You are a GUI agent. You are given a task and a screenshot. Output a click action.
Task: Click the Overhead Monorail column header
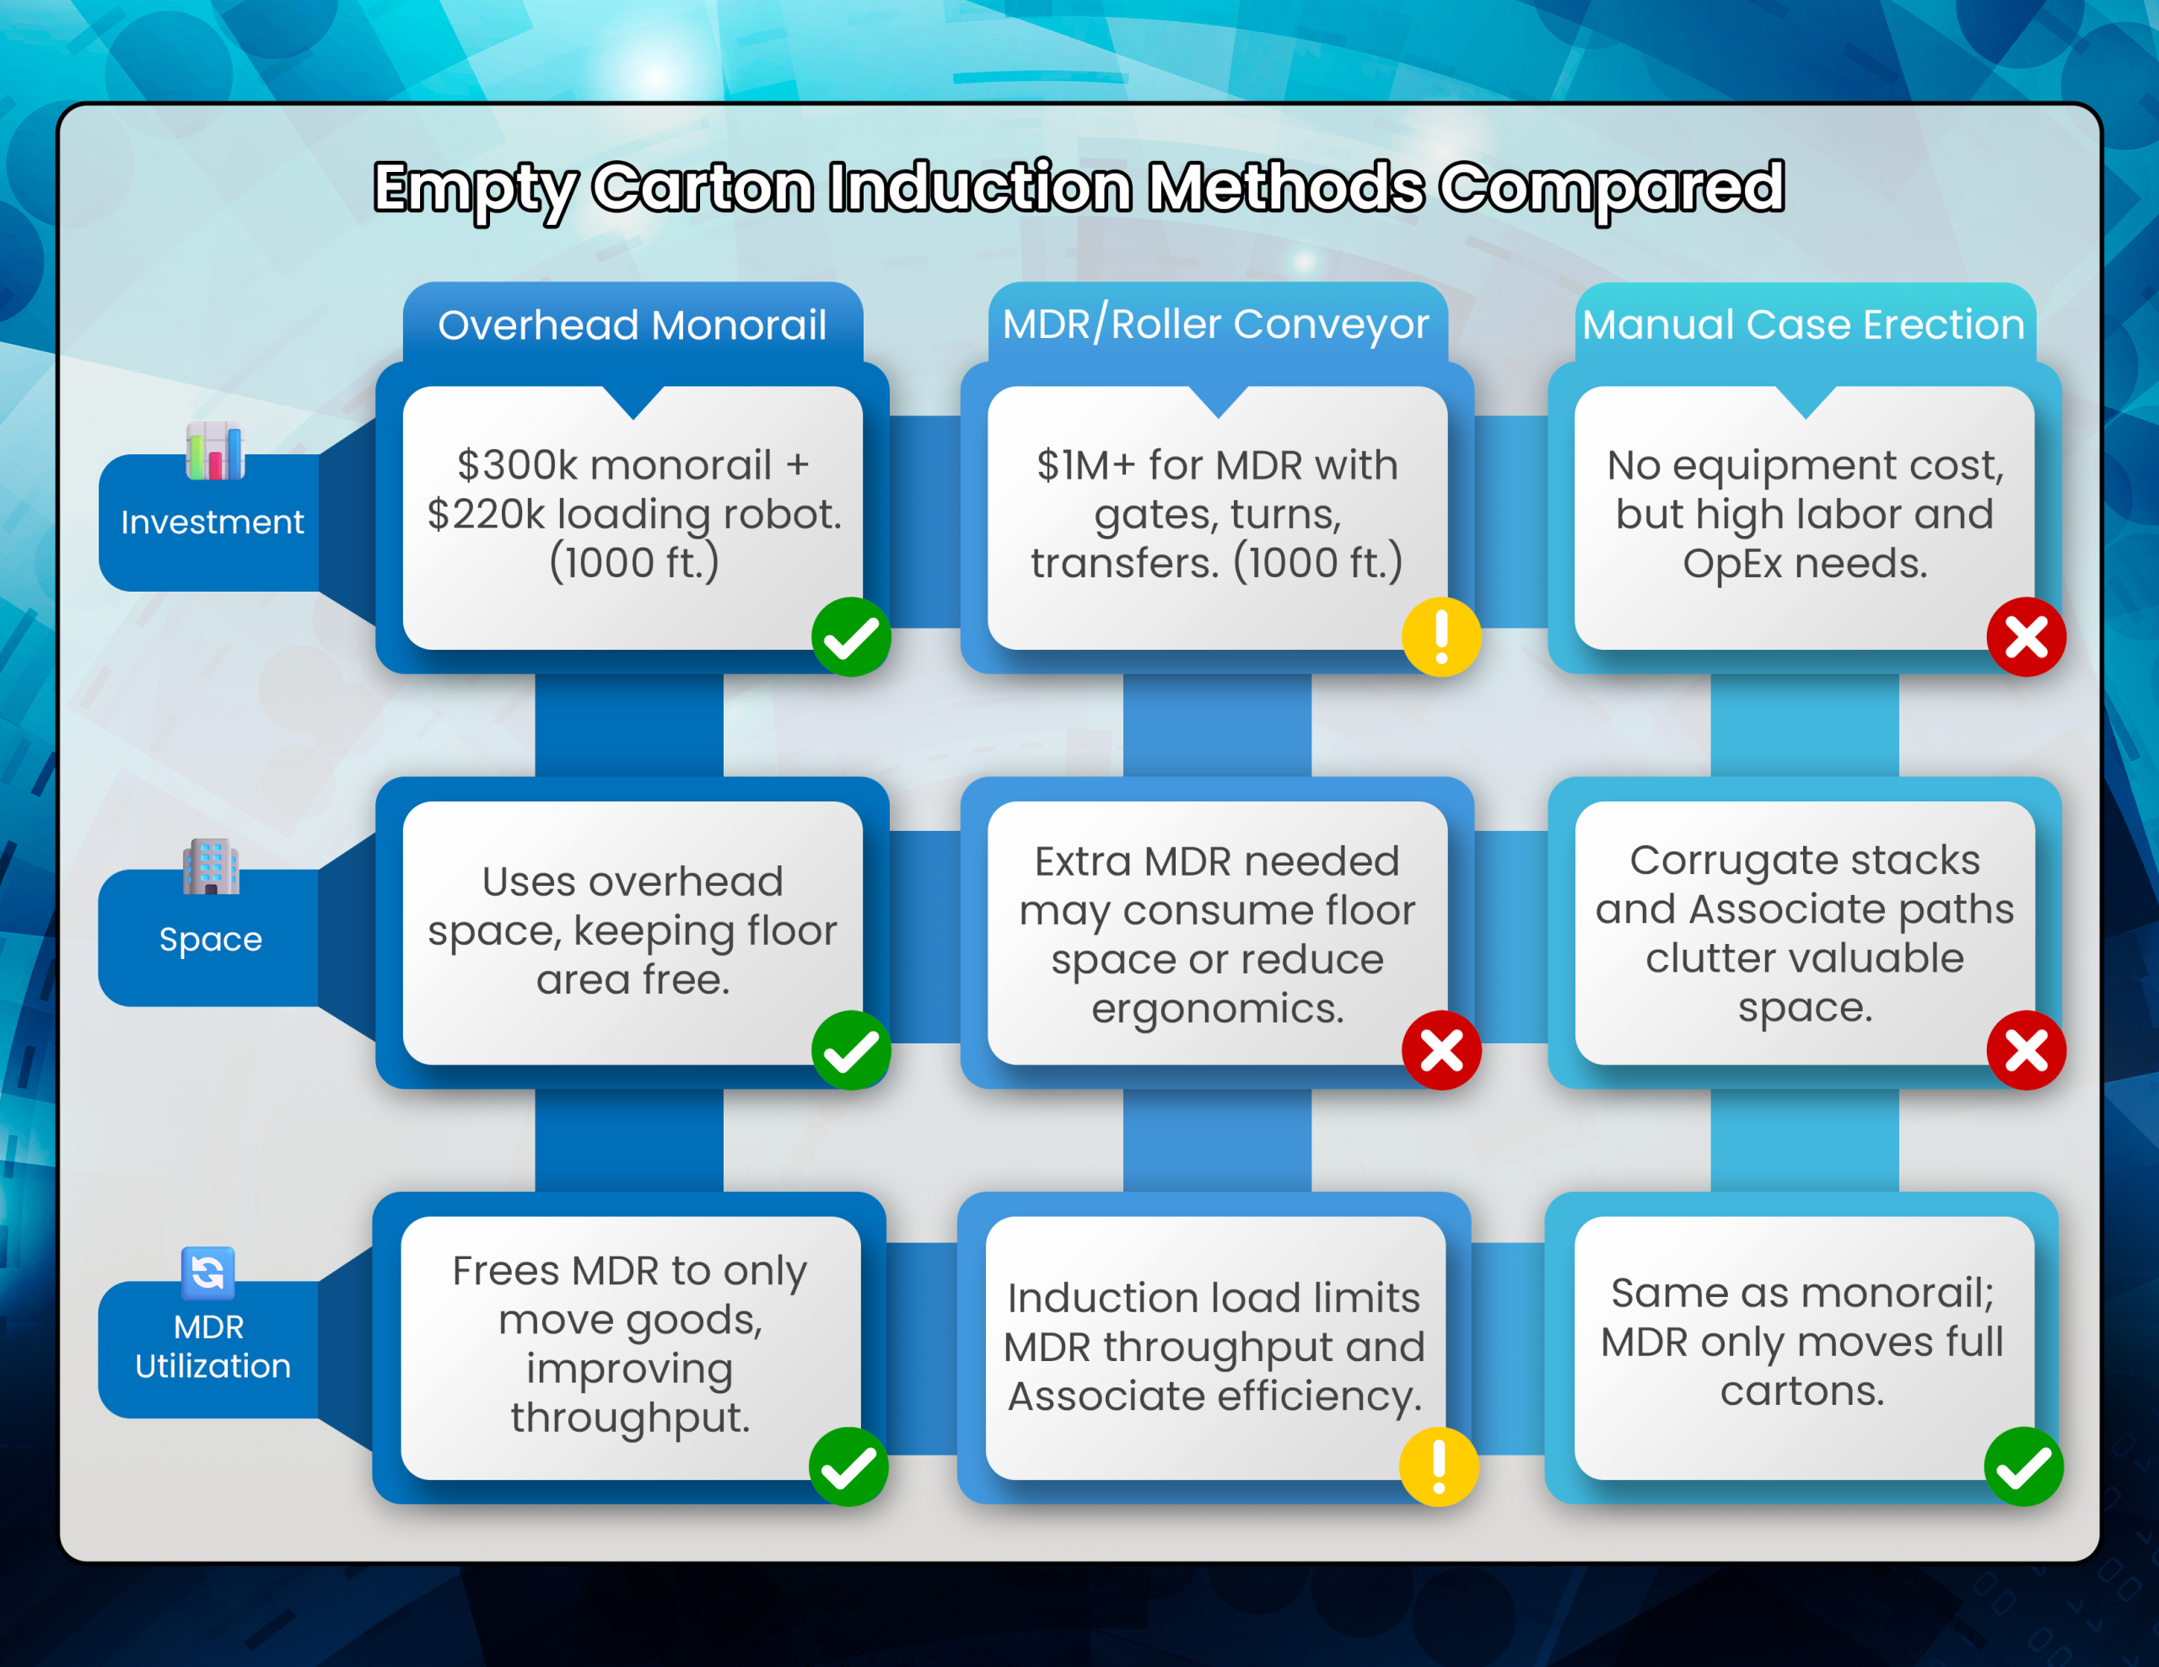coord(632,325)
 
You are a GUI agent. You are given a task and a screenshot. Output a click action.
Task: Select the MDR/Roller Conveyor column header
coord(1216,324)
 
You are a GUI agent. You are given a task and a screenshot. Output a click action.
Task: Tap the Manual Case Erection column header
coord(1803,325)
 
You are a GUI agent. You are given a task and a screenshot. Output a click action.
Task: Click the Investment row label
coord(212,522)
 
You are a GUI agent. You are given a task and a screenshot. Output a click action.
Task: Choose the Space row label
coord(211,940)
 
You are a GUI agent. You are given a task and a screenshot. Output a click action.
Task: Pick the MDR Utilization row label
coord(212,1346)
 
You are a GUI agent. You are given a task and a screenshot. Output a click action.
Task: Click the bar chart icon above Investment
coord(214,452)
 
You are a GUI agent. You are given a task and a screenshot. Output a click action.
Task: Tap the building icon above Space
coord(211,866)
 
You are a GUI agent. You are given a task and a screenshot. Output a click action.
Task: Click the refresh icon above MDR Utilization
coord(208,1273)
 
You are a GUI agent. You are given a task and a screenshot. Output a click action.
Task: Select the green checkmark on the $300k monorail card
coord(851,637)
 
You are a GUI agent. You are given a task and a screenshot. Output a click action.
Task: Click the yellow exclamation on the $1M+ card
coord(1441,637)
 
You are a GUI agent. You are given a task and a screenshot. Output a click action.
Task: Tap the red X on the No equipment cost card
coord(2027,637)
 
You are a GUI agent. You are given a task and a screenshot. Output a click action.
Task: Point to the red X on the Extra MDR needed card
coord(1441,1050)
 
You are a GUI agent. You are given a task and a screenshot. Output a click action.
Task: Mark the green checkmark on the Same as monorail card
coord(2023,1466)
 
